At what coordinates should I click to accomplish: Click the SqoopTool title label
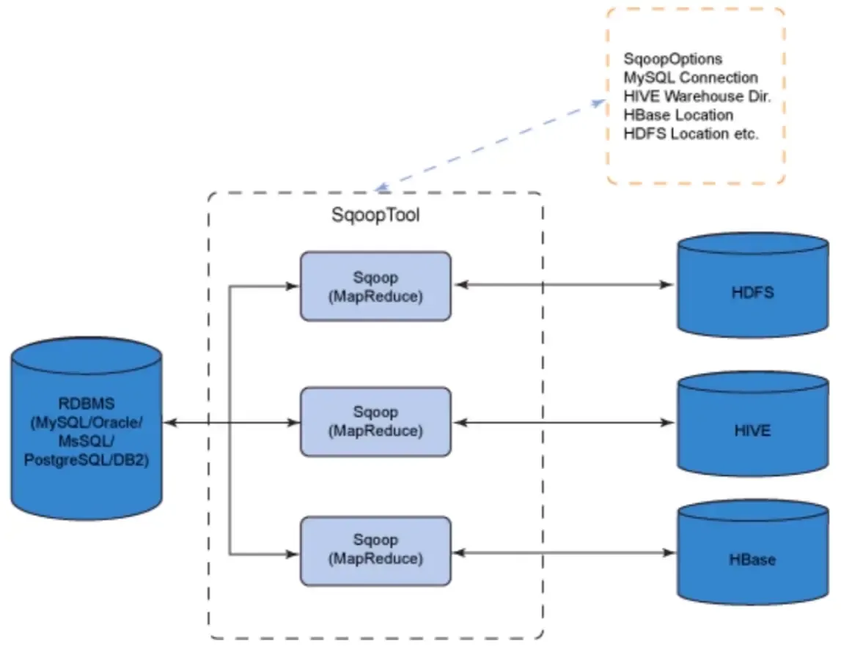click(376, 216)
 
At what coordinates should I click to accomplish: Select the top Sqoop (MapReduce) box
click(375, 286)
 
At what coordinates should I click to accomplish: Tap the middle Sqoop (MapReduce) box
click(375, 422)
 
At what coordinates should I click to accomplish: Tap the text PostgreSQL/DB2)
click(87, 461)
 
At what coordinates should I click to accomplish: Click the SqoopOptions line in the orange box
click(672, 59)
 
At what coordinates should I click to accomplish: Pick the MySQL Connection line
click(691, 78)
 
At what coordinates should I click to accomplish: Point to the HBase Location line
click(678, 116)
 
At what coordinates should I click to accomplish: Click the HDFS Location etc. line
click(691, 135)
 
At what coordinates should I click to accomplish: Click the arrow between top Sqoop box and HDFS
click(563, 284)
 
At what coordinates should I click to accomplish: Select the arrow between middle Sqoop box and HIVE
click(563, 423)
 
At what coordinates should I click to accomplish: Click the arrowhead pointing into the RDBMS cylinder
click(168, 423)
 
